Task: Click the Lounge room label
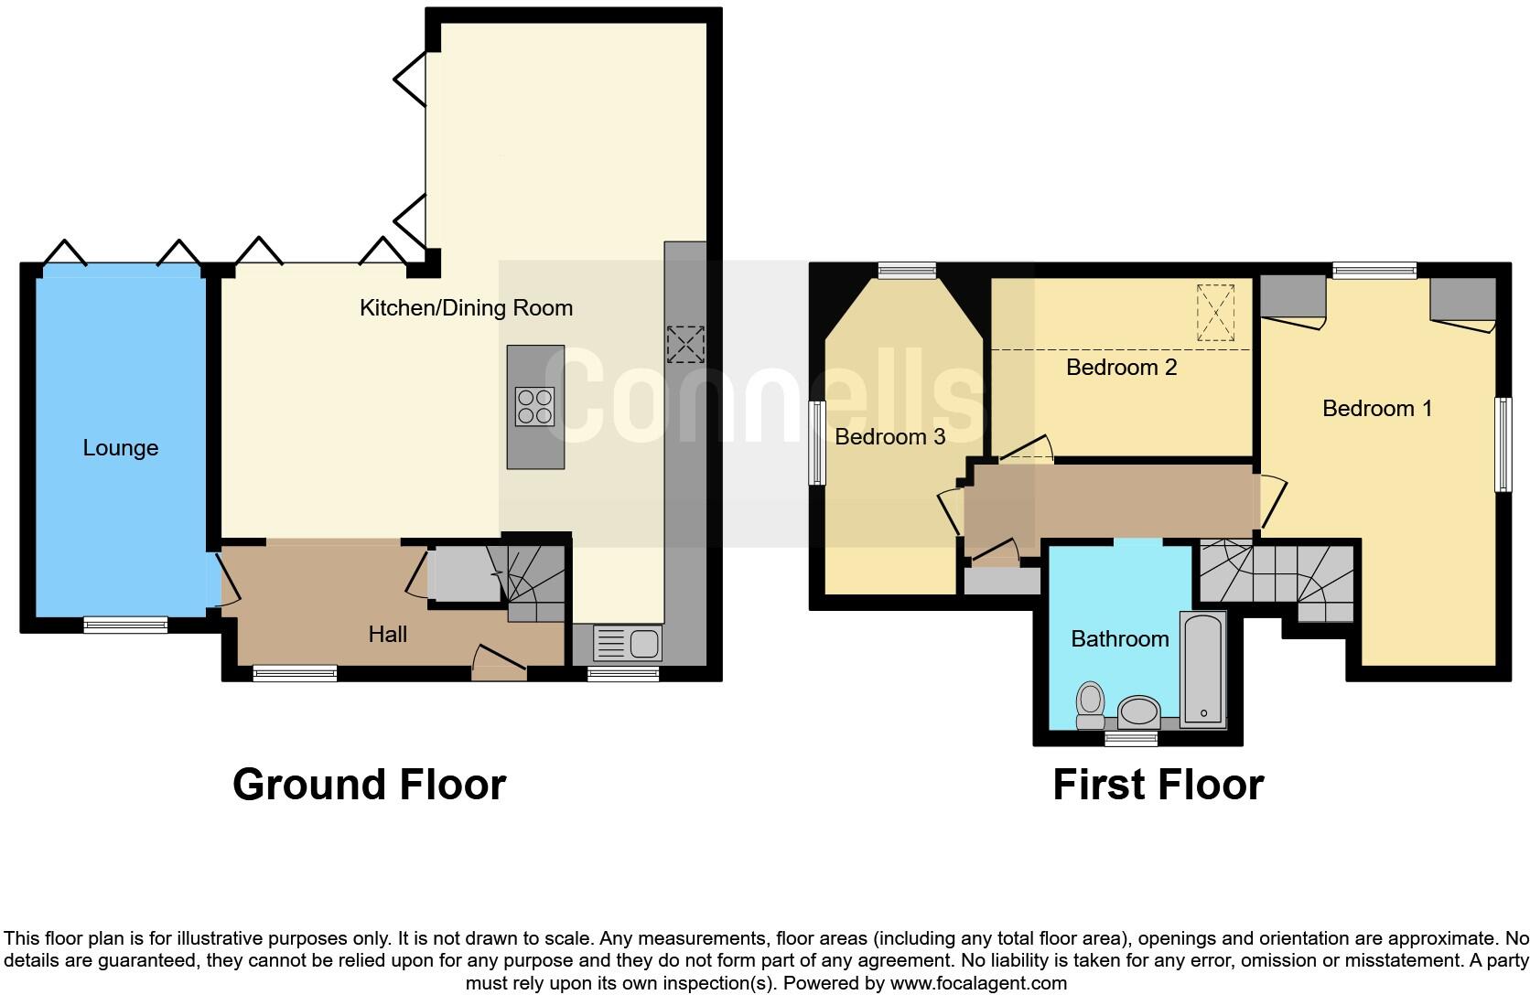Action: pyautogui.click(x=120, y=447)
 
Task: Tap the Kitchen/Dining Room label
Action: pyautogui.click(x=466, y=307)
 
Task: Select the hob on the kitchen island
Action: pyautogui.click(x=534, y=407)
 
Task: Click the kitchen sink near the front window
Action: pyautogui.click(x=628, y=643)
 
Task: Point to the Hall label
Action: pyautogui.click(x=387, y=634)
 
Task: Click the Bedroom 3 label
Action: pyautogui.click(x=889, y=436)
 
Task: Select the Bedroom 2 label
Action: pyautogui.click(x=1121, y=367)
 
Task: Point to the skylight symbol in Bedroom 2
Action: pyautogui.click(x=1215, y=313)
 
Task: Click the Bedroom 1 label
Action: pyautogui.click(x=1376, y=408)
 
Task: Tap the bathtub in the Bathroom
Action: pyautogui.click(x=1202, y=669)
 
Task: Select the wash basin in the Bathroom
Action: pyautogui.click(x=1139, y=710)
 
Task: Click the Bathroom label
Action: pyautogui.click(x=1119, y=638)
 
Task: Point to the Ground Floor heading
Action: pyautogui.click(x=369, y=785)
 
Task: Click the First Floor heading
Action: pyautogui.click(x=1158, y=785)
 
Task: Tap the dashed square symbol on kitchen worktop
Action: pyautogui.click(x=684, y=344)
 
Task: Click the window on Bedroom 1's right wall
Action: pyautogui.click(x=1503, y=444)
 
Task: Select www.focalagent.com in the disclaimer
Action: pyautogui.click(x=978, y=984)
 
